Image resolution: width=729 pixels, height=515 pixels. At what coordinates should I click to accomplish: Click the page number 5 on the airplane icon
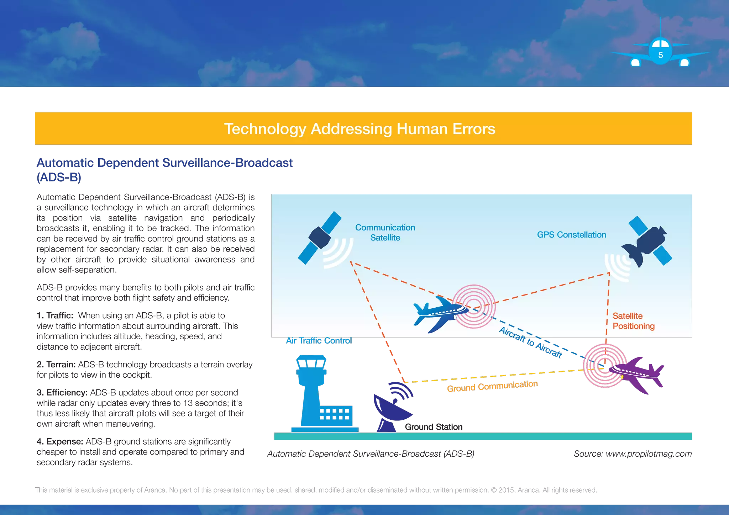pyautogui.click(x=660, y=55)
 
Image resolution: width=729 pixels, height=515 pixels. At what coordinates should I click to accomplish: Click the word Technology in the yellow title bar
pyautogui.click(x=265, y=129)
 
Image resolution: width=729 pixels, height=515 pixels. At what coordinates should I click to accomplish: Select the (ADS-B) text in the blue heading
pyautogui.click(x=59, y=177)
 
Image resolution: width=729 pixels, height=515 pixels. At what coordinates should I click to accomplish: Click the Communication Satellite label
pyautogui.click(x=385, y=233)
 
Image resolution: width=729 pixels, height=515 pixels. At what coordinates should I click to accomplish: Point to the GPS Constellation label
pyautogui.click(x=571, y=235)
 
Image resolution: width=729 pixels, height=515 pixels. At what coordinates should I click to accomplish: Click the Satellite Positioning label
pyautogui.click(x=633, y=321)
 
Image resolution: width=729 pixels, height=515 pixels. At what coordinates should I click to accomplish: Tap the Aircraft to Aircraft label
pyautogui.click(x=530, y=342)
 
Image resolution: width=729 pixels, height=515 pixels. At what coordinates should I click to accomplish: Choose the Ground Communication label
pyautogui.click(x=492, y=386)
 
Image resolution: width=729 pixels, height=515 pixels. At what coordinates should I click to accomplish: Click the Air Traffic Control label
pyautogui.click(x=319, y=341)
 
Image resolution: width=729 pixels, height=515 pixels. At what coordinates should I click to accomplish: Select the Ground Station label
pyautogui.click(x=434, y=426)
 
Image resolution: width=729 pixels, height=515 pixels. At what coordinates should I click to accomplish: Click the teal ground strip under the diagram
pyautogui.click(x=483, y=436)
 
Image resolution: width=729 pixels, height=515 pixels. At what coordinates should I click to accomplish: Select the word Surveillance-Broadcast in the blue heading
pyautogui.click(x=227, y=163)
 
